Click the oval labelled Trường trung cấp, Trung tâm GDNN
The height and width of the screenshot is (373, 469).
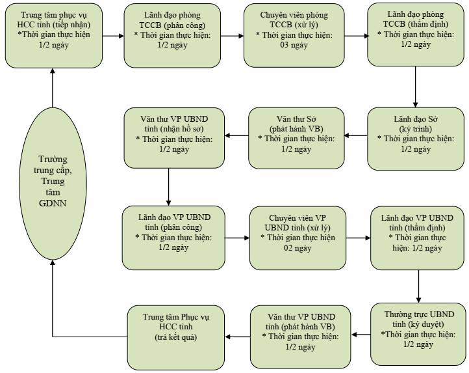53,183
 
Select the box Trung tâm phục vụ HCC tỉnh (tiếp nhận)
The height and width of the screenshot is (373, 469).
54,36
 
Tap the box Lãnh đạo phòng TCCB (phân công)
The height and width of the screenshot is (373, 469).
172,36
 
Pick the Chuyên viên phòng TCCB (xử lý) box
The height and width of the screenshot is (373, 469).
294,35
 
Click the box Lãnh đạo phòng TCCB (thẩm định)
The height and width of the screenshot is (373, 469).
416,35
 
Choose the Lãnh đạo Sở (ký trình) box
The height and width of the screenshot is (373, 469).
416,139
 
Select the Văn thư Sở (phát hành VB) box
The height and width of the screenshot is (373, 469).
296,138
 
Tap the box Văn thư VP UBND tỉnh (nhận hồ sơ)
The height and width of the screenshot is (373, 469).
174,138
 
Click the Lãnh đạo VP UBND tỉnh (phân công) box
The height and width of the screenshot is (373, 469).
173,238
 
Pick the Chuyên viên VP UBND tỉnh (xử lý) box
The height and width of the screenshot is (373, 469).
298,238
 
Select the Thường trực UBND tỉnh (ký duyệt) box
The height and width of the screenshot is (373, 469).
418,335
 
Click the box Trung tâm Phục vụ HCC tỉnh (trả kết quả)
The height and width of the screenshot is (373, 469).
176,337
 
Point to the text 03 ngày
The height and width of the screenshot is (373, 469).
294,46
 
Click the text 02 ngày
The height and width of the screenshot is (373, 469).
298,248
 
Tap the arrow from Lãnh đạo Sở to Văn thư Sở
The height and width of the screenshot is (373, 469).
356,135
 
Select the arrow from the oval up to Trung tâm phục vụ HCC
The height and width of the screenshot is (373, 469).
53,87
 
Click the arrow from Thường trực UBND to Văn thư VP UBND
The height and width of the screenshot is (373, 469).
361,335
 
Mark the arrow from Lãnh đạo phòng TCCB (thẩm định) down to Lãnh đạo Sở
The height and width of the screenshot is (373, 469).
416,87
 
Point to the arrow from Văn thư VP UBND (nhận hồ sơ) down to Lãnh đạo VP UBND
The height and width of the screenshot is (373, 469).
168,187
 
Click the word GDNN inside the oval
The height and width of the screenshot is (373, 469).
53,203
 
